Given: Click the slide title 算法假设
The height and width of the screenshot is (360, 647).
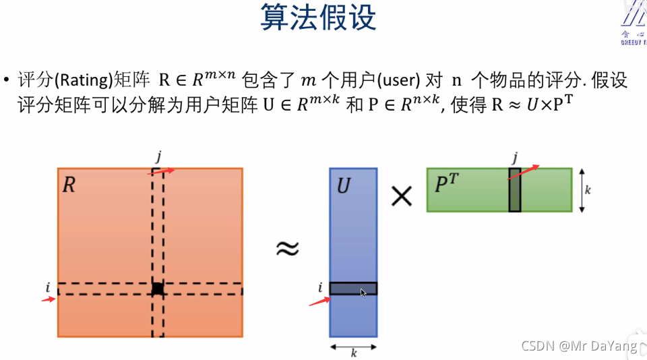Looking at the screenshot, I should point(318,18).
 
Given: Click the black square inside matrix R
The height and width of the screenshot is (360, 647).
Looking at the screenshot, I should point(157,289).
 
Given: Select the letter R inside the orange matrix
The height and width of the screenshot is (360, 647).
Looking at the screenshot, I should point(69,185).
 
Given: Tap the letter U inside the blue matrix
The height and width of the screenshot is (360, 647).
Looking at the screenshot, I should point(344,186).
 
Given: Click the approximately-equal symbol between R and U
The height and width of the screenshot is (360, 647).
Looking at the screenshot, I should point(287,249).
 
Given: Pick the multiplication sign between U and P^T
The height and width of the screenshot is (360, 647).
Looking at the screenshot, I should point(402,196).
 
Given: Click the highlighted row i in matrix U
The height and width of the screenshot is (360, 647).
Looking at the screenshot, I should point(353,289).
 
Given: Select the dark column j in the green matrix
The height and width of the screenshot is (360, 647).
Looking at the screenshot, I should point(515,189).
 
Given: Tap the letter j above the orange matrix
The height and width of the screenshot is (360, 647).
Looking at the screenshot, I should point(158,157).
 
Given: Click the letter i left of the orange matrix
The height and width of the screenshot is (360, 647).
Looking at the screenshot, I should point(48,288).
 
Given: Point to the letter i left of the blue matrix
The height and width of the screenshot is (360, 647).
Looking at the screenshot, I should point(320,289).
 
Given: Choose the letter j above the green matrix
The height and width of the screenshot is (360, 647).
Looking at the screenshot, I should point(515,158).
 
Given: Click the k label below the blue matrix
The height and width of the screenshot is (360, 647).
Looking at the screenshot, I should point(354,352).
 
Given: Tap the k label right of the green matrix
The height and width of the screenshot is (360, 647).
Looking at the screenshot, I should point(588,191).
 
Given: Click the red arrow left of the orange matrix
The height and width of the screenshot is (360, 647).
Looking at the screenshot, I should point(47,299).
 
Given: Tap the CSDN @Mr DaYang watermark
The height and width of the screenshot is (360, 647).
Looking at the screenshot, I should point(580,346).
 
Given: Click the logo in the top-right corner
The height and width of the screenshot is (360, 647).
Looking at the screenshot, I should point(634,24).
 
